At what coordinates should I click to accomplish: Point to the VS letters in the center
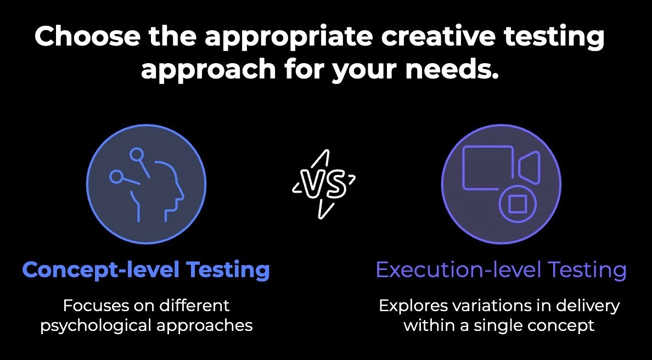point(324,184)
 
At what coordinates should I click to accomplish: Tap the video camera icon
point(501,167)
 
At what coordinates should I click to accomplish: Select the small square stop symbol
point(516,204)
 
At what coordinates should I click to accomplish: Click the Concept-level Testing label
point(146,269)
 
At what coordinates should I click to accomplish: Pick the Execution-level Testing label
point(501,270)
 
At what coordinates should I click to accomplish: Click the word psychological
point(96,325)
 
